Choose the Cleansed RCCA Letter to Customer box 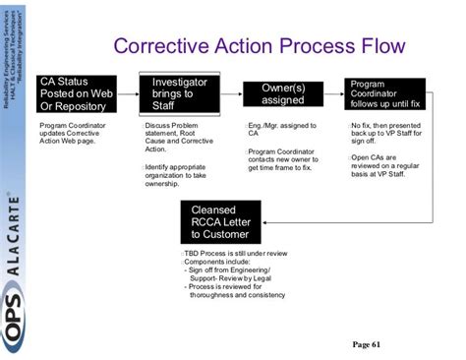click(x=220, y=221)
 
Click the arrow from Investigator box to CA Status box click(x=128, y=84)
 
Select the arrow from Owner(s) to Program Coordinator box click(x=332, y=84)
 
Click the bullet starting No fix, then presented click(x=386, y=133)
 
